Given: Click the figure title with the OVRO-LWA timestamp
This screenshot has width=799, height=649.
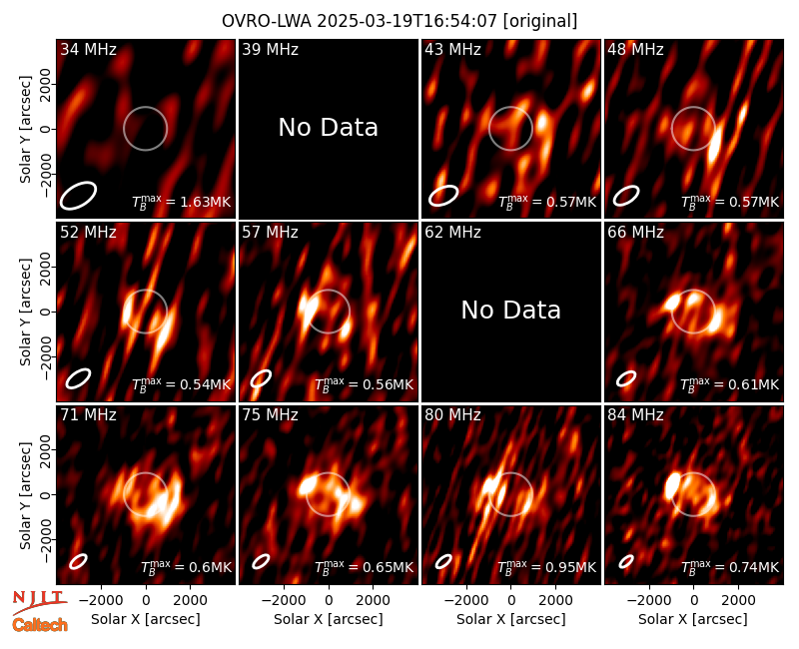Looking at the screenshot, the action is [x=399, y=21].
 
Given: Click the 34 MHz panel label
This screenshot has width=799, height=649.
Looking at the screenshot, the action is [x=88, y=49].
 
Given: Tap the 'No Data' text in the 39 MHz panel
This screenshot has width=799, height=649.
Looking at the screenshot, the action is [x=329, y=127].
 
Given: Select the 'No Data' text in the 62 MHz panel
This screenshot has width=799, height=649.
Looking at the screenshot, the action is [x=510, y=310].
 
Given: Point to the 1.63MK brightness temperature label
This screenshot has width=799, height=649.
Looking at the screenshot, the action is [x=182, y=202].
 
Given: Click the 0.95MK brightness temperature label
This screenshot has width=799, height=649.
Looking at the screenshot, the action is [x=546, y=566].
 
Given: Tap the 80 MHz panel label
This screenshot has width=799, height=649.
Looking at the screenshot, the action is [x=453, y=415].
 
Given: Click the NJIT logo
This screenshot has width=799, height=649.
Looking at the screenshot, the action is [x=39, y=601].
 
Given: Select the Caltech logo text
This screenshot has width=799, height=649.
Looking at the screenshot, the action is [x=40, y=625].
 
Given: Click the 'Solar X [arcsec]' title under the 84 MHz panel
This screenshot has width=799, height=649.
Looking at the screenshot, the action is [x=693, y=619].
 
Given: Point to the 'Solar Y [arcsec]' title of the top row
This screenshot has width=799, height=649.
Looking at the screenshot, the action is [x=25, y=129].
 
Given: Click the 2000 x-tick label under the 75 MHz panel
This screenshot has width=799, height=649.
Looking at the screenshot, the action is [x=373, y=600].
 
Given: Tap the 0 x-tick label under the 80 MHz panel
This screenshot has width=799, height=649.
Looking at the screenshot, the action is [x=511, y=600].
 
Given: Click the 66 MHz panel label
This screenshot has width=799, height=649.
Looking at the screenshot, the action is [x=635, y=233].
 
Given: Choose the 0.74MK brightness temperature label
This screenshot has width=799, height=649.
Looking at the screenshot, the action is [x=730, y=566].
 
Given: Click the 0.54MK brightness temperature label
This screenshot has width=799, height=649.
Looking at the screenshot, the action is [x=182, y=384].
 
